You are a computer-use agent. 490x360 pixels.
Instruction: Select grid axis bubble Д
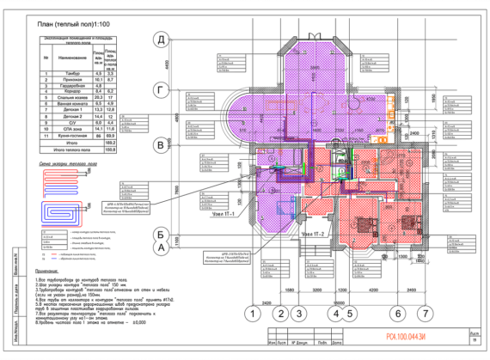point(160,40)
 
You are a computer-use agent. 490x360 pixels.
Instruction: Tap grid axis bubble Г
point(160,88)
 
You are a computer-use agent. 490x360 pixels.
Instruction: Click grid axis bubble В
point(160,147)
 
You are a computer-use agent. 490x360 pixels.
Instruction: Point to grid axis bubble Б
point(160,233)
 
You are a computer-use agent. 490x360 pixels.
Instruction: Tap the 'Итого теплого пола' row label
point(72,149)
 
